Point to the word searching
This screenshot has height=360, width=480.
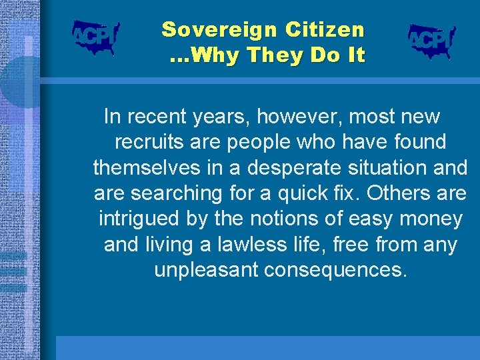[x=174, y=193]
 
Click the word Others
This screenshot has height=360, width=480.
[x=396, y=193]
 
